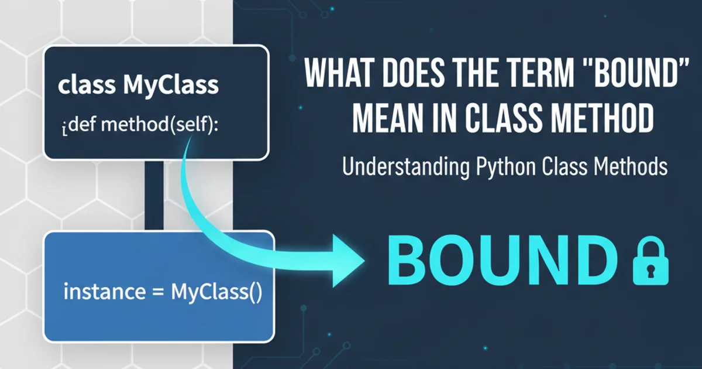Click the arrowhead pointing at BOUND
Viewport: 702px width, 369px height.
[x=349, y=261]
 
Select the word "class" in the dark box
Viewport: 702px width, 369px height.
[x=87, y=85]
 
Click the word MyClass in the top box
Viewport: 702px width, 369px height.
[x=171, y=86]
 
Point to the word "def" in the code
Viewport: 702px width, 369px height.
[x=82, y=124]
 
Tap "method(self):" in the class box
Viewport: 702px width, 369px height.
[x=159, y=125]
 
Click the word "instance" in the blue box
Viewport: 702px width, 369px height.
[x=105, y=292]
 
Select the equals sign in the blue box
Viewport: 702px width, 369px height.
[x=158, y=292]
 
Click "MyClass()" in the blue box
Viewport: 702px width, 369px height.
[x=216, y=292]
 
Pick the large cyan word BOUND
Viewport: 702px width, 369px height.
[x=502, y=261]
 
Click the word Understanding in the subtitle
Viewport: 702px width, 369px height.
[x=406, y=166]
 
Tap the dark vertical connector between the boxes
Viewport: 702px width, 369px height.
[x=154, y=196]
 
